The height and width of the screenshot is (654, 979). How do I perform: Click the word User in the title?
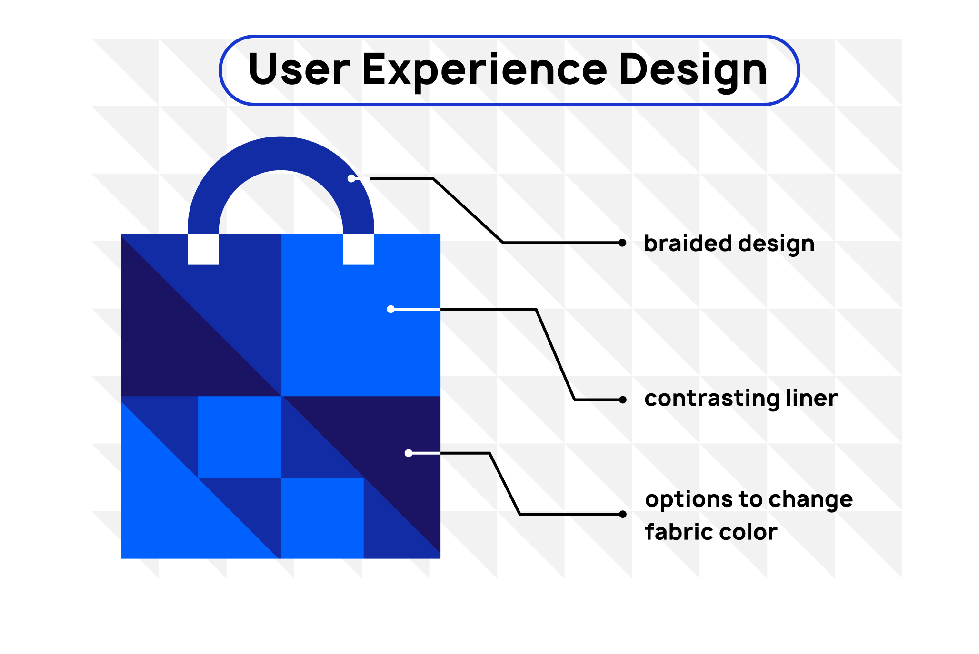tap(300, 69)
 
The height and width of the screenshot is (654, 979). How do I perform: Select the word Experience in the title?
tap(485, 71)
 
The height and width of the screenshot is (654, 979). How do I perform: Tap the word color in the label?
tap(748, 532)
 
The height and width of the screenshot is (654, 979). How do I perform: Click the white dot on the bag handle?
tap(351, 178)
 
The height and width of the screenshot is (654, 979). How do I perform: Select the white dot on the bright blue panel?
tap(390, 309)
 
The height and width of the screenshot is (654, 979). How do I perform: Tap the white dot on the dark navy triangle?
tap(409, 453)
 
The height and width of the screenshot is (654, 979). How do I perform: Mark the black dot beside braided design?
tap(622, 243)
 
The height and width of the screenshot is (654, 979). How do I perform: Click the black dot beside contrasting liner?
tap(622, 400)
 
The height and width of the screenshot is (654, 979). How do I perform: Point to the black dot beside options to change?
tap(622, 514)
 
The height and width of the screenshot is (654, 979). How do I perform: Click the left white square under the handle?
tap(203, 249)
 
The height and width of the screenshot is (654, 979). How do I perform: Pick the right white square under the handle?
tap(359, 249)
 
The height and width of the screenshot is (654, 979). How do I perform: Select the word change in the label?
tap(810, 500)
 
